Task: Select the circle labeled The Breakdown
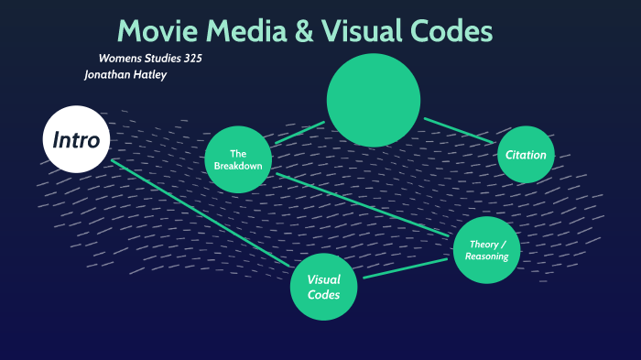(x=238, y=159)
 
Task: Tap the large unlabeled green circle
(x=374, y=100)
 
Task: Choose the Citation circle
(x=526, y=155)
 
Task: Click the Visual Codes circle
(x=323, y=288)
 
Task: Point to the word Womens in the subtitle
(x=118, y=58)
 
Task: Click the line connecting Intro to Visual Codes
(x=201, y=213)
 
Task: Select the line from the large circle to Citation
(x=458, y=128)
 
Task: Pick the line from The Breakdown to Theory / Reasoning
(x=366, y=205)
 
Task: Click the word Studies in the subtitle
(x=159, y=58)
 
